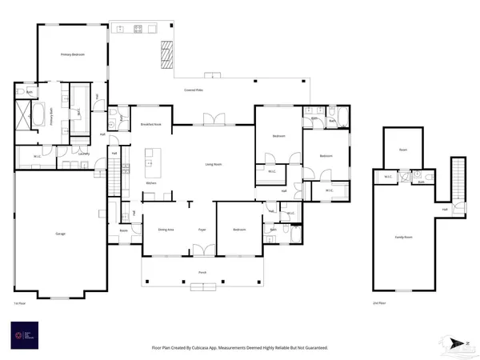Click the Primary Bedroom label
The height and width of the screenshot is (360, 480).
(73, 54)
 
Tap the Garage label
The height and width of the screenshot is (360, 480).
(60, 233)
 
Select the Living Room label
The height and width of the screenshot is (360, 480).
(213, 165)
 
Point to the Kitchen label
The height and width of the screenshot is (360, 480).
(150, 183)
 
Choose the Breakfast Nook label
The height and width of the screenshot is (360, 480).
(151, 125)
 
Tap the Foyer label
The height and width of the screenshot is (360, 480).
(203, 230)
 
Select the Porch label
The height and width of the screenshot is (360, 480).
(202, 273)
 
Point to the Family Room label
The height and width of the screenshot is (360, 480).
(403, 238)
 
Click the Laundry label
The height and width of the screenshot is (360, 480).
(82, 154)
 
